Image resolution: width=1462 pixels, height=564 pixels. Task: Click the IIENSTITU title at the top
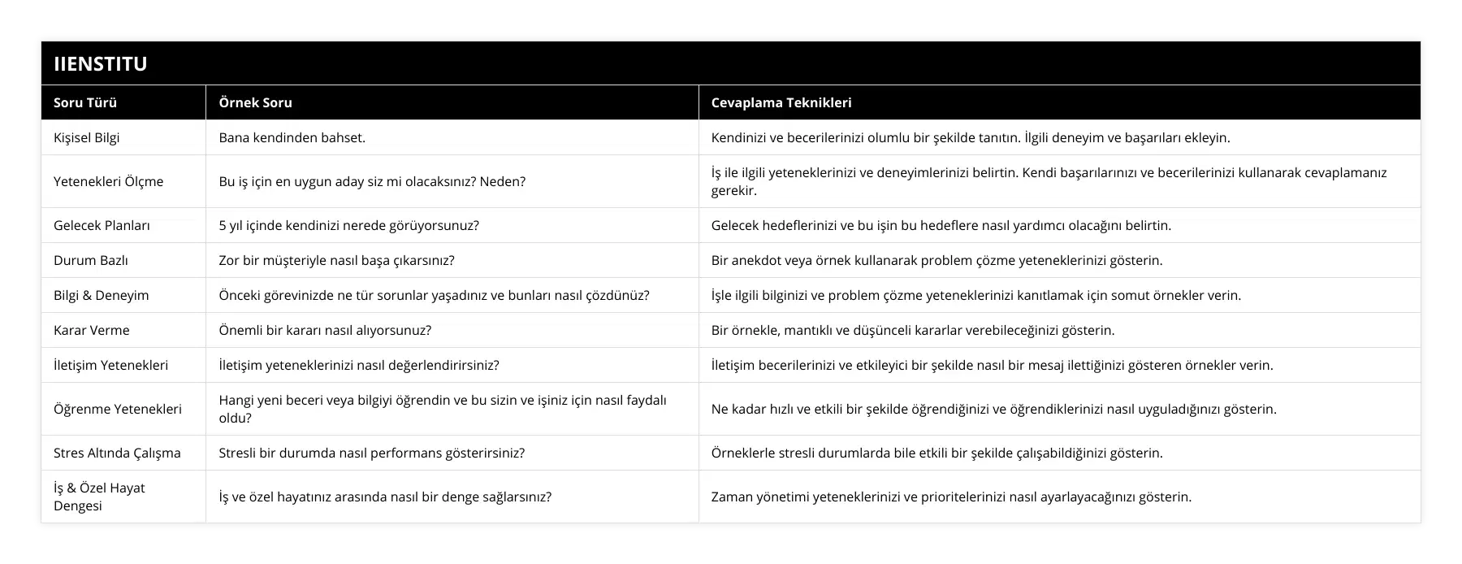click(x=100, y=63)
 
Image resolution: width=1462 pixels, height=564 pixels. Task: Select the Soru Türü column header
click(x=85, y=102)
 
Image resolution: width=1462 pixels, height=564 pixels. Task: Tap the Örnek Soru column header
click(x=255, y=102)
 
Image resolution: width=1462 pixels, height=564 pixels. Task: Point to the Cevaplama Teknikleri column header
click(x=781, y=102)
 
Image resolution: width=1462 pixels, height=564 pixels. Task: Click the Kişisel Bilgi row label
click(x=86, y=137)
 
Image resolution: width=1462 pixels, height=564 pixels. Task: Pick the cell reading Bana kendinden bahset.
click(x=292, y=137)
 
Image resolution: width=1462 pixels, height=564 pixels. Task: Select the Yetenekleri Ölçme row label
click(x=108, y=181)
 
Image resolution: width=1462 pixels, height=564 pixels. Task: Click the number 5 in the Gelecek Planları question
click(x=223, y=225)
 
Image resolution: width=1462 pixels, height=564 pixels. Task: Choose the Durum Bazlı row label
click(x=90, y=260)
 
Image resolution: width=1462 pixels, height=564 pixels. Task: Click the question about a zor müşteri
click(x=336, y=260)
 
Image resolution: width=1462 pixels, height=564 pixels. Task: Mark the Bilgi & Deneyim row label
click(x=101, y=295)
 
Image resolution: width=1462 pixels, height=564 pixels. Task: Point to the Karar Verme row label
click(x=91, y=330)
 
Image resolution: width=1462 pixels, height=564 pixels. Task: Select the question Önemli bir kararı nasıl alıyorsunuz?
click(x=325, y=330)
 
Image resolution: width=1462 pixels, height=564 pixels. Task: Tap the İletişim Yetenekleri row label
click(x=110, y=365)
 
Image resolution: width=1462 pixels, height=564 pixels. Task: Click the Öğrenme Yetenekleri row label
click(x=117, y=409)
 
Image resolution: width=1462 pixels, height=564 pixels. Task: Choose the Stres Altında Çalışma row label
click(x=117, y=453)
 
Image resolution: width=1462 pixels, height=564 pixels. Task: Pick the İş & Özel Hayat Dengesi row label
click(x=99, y=497)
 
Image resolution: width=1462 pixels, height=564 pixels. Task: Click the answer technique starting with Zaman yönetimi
click(x=951, y=497)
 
